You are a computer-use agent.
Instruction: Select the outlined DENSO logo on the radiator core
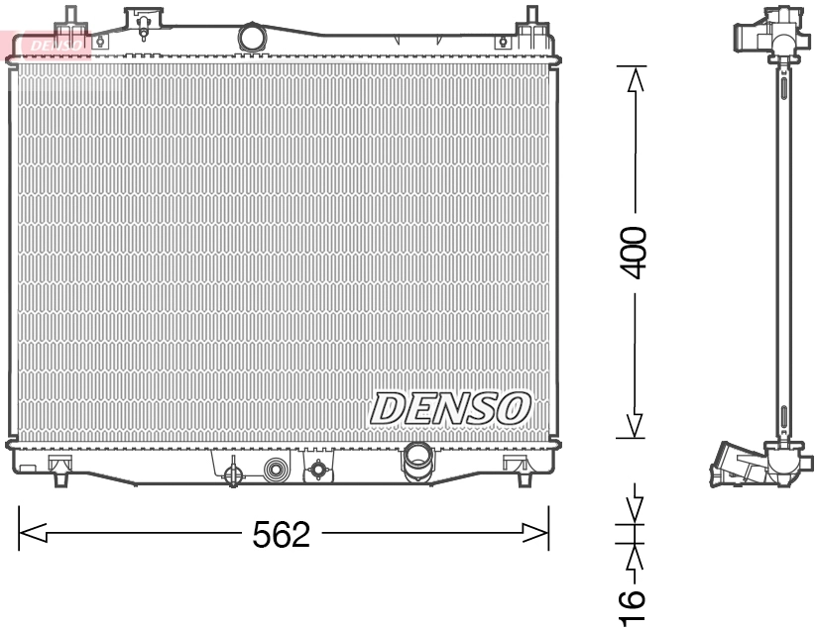451,407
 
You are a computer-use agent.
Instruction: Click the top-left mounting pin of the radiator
69,17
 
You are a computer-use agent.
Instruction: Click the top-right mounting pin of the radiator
531,17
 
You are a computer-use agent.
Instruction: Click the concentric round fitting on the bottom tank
276,469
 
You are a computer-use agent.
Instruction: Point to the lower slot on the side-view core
783,417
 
